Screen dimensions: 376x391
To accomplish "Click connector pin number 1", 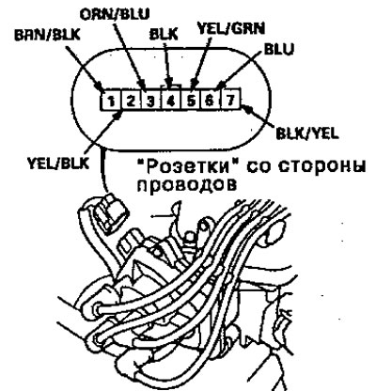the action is click(x=111, y=101).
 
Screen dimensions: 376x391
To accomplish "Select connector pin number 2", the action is click(x=132, y=101).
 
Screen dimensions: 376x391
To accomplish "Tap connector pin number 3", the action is click(x=151, y=101).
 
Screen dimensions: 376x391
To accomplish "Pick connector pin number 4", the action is click(x=171, y=101).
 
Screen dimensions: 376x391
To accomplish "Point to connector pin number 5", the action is click(x=191, y=101).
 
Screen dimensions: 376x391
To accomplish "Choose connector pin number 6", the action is click(x=211, y=101).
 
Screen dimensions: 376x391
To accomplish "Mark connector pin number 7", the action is click(x=230, y=101).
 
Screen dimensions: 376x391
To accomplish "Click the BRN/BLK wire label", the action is click(x=47, y=35).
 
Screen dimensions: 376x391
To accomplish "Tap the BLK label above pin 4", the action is click(x=164, y=35).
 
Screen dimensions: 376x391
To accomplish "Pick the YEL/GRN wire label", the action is click(x=231, y=28).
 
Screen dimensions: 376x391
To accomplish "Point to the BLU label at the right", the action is click(x=279, y=50).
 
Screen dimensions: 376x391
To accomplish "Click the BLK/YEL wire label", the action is click(x=307, y=133).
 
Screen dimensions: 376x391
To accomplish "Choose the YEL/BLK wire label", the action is click(x=58, y=164).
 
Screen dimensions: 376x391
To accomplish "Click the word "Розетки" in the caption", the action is click(x=187, y=166).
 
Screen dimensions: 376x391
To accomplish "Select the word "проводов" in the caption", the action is click(x=187, y=184).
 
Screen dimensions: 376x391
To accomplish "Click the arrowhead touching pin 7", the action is click(x=247, y=109).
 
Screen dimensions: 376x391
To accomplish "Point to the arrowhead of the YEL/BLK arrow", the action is click(x=117, y=116).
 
